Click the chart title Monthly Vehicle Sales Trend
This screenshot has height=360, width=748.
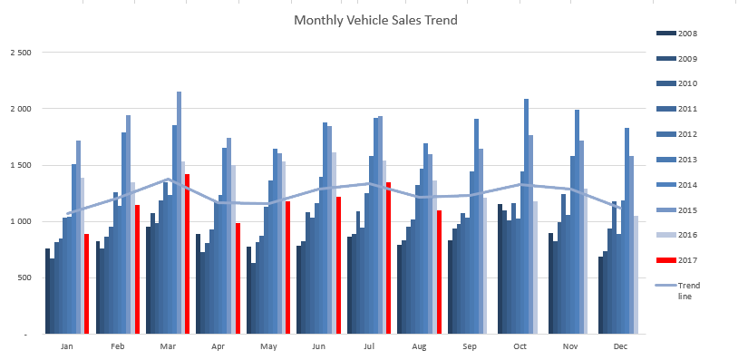[x=375, y=20]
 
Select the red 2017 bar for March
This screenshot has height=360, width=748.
[x=187, y=254]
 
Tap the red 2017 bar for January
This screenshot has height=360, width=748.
[x=86, y=284]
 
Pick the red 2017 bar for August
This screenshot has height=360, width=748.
[x=439, y=272]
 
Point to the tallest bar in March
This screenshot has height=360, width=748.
[x=179, y=213]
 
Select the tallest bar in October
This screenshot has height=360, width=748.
[x=526, y=217]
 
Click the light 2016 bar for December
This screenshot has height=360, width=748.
[x=636, y=275]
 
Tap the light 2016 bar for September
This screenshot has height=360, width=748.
[x=485, y=266]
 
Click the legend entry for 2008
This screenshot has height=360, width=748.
[x=677, y=34]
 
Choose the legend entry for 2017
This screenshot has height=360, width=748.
[x=677, y=260]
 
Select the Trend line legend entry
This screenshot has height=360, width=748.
[x=678, y=291]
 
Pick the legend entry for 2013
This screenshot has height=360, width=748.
[x=677, y=160]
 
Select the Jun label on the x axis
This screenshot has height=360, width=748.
[x=318, y=346]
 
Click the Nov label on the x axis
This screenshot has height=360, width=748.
[x=570, y=346]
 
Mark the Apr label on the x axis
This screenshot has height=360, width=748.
[x=218, y=346]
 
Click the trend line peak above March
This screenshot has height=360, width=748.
[x=168, y=180]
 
